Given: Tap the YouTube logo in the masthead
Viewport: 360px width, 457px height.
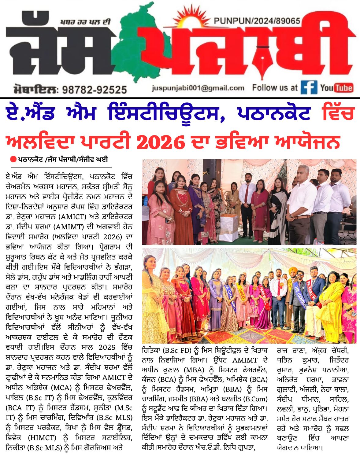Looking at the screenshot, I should [x=336, y=88].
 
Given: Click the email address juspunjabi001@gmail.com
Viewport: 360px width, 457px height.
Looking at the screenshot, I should [x=198, y=88].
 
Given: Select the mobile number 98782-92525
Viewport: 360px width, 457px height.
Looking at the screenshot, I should [x=95, y=90].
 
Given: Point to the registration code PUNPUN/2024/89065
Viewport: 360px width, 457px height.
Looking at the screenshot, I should [x=257, y=21].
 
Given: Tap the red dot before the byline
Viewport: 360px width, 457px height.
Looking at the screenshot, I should [x=13, y=159].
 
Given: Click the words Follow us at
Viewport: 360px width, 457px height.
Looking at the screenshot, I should [x=274, y=88].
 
